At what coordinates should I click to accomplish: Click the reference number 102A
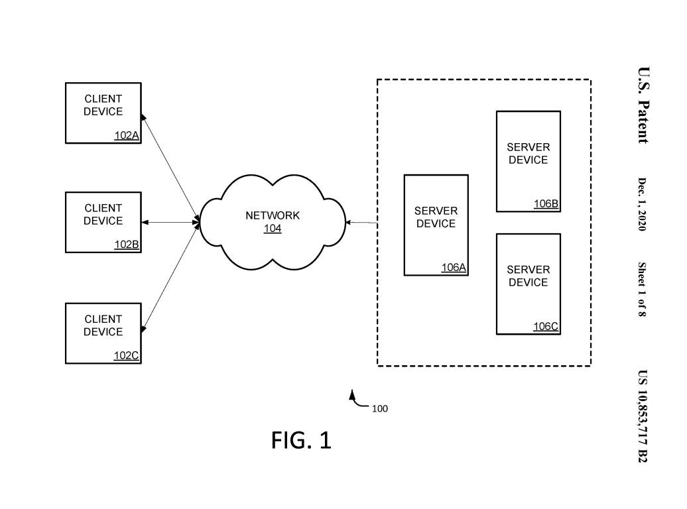(127, 136)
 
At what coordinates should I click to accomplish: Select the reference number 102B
(127, 245)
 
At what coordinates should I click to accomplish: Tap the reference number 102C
(127, 356)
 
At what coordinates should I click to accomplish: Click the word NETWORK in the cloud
(273, 215)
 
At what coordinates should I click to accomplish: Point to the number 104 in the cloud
(273, 229)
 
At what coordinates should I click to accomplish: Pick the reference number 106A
(454, 268)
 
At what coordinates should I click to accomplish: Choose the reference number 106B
(546, 204)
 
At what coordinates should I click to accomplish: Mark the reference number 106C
(546, 327)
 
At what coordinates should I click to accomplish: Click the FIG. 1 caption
(301, 440)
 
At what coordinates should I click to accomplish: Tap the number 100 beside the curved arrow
(379, 409)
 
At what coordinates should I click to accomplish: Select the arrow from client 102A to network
(170, 168)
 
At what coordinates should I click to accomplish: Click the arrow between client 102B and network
(170, 223)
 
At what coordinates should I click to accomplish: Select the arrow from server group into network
(361, 223)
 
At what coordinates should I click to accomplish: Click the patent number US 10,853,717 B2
(642, 416)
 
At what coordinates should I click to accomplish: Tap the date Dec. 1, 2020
(642, 204)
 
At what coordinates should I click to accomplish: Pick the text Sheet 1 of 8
(642, 289)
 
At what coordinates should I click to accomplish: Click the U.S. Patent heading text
(643, 105)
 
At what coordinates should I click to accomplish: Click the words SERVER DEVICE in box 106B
(528, 154)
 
